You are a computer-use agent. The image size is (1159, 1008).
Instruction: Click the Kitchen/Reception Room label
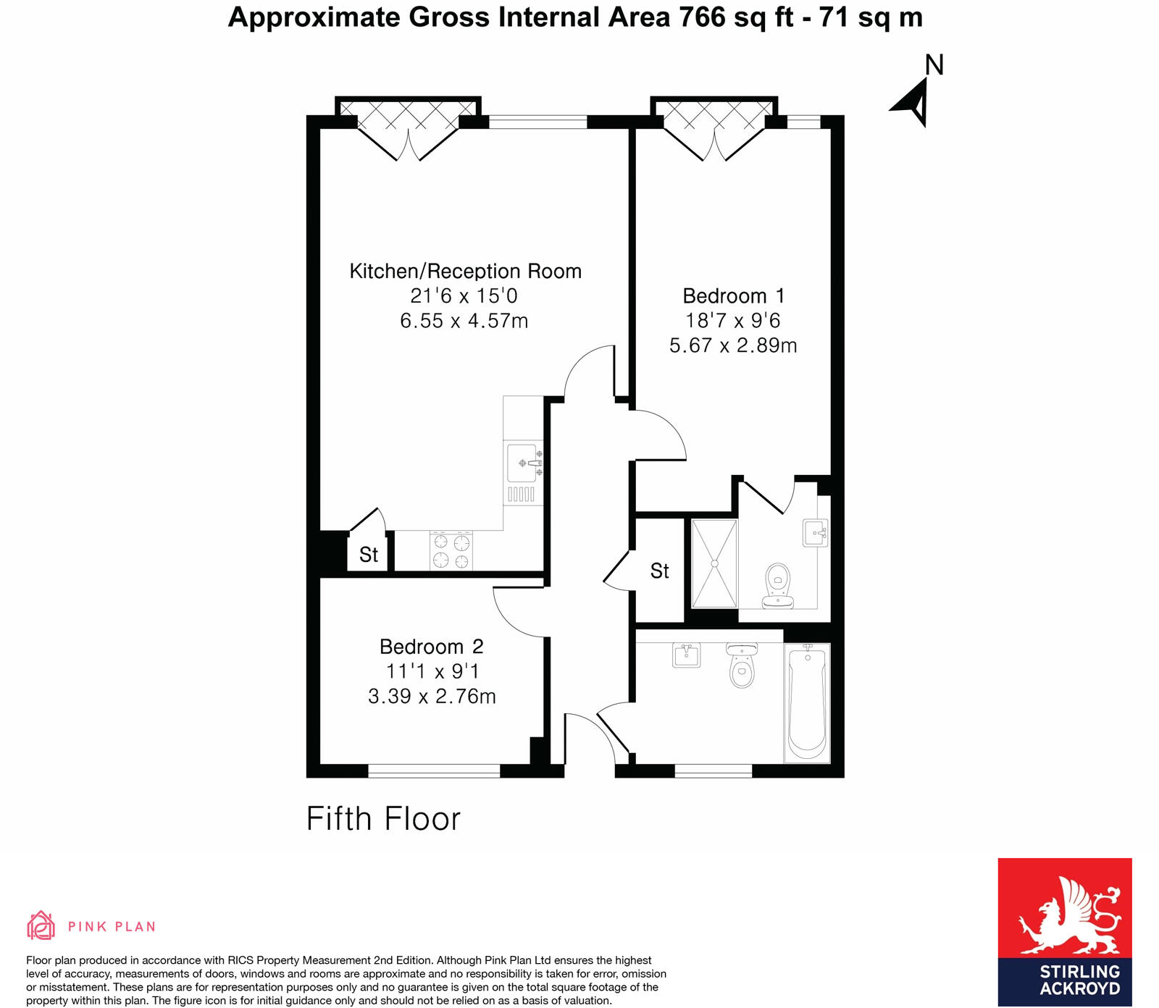tap(465, 271)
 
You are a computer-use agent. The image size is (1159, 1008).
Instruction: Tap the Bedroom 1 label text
tap(733, 295)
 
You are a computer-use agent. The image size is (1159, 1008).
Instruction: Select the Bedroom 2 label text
tap(431, 646)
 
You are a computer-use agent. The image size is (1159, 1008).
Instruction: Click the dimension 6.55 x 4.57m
tap(464, 320)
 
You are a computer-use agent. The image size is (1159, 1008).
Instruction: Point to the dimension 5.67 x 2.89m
tap(733, 345)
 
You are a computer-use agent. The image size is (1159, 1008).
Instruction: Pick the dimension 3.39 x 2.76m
tap(432, 696)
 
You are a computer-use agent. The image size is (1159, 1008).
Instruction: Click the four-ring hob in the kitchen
tap(451, 551)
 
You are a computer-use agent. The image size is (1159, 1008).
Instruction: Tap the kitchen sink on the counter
tap(523, 463)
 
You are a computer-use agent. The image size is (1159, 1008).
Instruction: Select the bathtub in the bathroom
tap(807, 701)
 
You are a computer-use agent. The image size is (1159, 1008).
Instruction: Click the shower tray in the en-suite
tap(714, 563)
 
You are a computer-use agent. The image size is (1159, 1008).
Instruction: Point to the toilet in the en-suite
tap(777, 585)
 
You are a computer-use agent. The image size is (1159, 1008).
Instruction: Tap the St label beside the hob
tap(369, 555)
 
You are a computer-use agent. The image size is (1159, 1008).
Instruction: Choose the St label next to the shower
tap(660, 571)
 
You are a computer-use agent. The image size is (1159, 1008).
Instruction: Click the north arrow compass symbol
tap(914, 101)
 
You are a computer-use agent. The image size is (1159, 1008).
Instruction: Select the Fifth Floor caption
tap(383, 819)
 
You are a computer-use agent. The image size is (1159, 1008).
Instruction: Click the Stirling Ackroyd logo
tap(1064, 931)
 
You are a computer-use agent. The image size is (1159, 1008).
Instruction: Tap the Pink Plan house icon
tap(41, 925)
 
